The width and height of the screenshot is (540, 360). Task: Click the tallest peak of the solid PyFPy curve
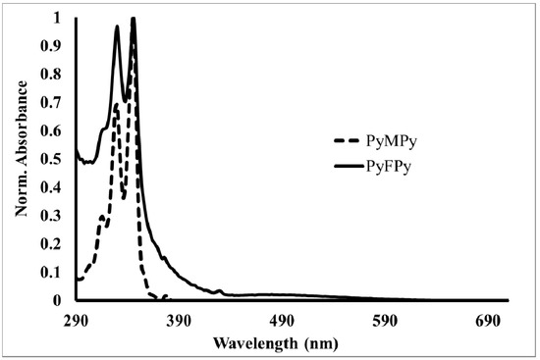133,19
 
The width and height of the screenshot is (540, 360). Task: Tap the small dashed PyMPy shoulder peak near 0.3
102,217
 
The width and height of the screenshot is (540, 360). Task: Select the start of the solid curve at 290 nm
77,150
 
